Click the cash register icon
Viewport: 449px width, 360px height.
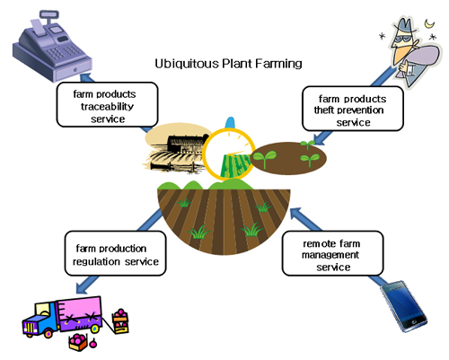(51, 47)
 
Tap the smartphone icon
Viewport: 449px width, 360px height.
(404, 306)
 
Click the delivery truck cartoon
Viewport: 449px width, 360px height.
(63, 317)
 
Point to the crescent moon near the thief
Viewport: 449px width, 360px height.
(430, 23)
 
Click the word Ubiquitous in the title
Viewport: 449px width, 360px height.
(187, 64)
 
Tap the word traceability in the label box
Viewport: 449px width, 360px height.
(107, 107)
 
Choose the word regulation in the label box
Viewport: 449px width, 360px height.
(96, 262)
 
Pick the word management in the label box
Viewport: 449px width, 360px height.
(330, 255)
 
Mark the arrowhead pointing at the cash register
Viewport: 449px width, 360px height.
(86, 77)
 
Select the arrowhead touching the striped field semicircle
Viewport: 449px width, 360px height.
(296, 214)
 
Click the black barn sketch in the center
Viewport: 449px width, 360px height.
(177, 153)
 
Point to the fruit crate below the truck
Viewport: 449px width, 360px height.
(78, 342)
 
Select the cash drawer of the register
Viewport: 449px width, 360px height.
(73, 70)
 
